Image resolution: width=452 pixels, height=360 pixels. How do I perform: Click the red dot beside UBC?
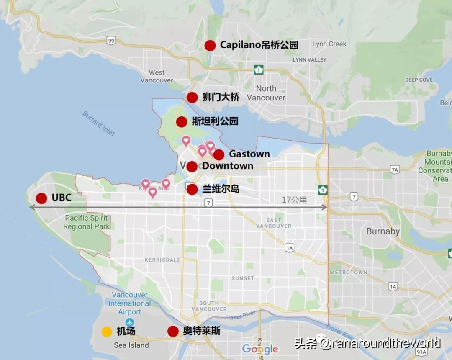point(41,198)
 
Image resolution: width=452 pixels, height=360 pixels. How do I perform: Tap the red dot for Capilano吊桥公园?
point(210,46)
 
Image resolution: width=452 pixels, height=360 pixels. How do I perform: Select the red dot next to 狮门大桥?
point(192,98)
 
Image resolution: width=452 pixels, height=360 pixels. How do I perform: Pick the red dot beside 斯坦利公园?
point(182,122)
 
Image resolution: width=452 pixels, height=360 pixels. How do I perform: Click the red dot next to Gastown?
point(218,155)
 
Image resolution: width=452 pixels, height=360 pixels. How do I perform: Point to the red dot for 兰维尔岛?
point(192,190)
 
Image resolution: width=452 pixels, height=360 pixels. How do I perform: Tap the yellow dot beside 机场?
point(107,332)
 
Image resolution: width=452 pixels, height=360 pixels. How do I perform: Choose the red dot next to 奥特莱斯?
point(173,332)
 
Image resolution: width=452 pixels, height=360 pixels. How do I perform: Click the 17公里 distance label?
point(294,200)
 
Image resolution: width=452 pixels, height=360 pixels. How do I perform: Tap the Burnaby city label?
point(383,231)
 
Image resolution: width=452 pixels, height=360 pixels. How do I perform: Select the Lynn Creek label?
point(329,44)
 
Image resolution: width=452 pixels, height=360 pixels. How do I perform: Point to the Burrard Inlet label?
point(98,123)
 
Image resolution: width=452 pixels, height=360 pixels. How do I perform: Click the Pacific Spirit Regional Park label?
point(87,222)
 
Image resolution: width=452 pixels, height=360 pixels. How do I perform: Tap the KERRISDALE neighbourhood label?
point(162,260)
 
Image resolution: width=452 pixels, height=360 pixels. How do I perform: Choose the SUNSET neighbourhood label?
point(243,278)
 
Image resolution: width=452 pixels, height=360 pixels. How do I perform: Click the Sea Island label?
point(131,345)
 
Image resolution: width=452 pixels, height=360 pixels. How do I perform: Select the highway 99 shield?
point(111,41)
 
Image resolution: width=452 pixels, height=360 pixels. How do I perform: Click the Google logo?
point(260,349)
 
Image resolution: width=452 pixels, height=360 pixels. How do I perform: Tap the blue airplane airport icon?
point(129,322)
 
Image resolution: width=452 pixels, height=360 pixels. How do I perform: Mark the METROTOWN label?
point(348,272)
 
